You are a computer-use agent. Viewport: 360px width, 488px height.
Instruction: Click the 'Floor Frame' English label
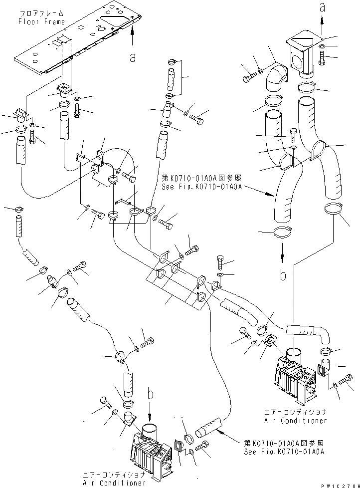tap(41, 21)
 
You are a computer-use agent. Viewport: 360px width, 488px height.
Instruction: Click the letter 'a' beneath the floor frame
tap(132, 58)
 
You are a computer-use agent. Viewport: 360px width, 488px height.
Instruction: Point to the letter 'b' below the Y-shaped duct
tap(282, 274)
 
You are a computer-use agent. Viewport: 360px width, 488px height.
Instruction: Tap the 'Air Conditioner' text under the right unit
tap(296, 421)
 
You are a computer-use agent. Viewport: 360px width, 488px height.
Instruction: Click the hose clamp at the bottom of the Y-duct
tap(283, 232)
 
